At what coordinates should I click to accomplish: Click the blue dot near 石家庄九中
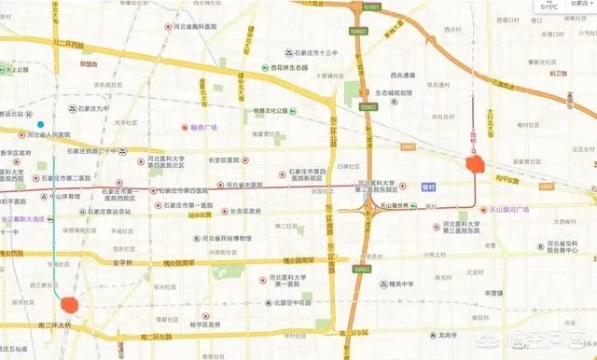click(40, 124)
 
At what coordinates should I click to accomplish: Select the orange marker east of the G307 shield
click(475, 164)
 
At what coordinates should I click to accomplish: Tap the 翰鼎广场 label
click(199, 126)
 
